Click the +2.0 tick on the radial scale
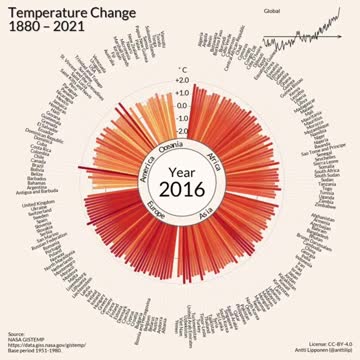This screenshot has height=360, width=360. click(182, 79)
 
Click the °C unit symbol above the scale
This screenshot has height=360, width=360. click(182, 67)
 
